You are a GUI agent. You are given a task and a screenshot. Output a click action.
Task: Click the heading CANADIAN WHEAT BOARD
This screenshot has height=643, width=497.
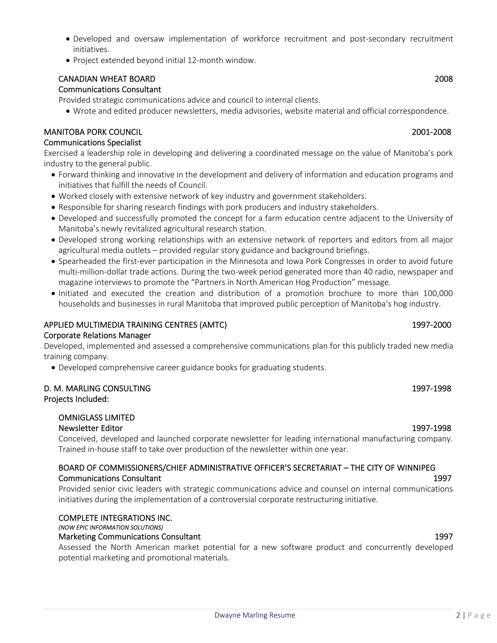pyautogui.click(x=107, y=79)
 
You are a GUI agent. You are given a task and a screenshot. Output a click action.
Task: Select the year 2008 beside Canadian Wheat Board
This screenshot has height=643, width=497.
pyautogui.click(x=443, y=79)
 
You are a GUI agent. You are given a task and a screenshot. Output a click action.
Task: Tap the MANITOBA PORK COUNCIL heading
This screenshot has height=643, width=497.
pyautogui.click(x=93, y=132)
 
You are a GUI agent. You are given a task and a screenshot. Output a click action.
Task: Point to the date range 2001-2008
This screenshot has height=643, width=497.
pyautogui.click(x=431, y=132)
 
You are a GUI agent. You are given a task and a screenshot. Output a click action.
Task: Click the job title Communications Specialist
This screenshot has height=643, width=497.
pyautogui.click(x=92, y=142)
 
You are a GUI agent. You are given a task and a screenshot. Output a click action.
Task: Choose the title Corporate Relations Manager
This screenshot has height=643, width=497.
pyautogui.click(x=97, y=335)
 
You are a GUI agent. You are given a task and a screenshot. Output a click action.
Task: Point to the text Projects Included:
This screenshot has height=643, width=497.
pyautogui.click(x=76, y=399)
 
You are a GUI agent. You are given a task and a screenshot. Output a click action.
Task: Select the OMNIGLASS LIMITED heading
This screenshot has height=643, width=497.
pyautogui.click(x=97, y=418)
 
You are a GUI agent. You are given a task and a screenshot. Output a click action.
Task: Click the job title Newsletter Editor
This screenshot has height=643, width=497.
pyautogui.click(x=90, y=428)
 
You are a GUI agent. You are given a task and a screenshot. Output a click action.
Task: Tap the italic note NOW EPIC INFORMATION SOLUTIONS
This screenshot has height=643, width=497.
pyautogui.click(x=110, y=527)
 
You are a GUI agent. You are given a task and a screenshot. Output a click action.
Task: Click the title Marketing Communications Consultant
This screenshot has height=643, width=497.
pyautogui.click(x=129, y=536)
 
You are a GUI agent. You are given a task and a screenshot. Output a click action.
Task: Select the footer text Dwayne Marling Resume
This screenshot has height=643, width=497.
pyautogui.click(x=255, y=615)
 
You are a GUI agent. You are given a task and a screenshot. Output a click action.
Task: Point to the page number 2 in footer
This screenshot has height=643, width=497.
pyautogui.click(x=458, y=615)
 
